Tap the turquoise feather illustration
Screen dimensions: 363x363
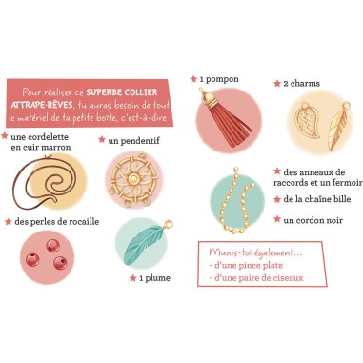(145, 243)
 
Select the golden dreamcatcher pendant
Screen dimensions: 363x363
(133, 179)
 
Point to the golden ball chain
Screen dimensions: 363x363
(237, 201)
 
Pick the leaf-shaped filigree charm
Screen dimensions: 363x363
(307, 120)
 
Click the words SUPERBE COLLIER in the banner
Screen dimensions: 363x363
(122, 92)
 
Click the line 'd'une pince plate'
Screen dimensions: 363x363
(246, 266)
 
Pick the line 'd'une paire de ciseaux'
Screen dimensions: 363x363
(256, 278)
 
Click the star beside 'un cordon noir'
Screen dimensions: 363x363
(277, 219)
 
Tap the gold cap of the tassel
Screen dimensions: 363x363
(209, 97)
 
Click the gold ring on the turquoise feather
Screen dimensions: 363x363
(169, 224)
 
